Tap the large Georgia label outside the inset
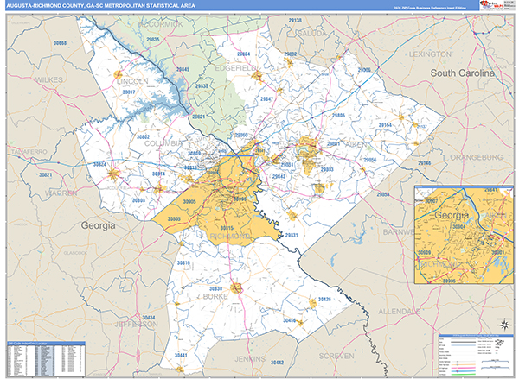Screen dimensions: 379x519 pos(98,225)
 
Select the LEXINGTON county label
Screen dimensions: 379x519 pos(431,54)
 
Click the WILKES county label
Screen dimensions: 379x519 pos(48,79)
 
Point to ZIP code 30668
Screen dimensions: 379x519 pos(60,42)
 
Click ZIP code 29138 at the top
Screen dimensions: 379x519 pos(294,19)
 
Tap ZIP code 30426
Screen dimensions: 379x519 pos(324,299)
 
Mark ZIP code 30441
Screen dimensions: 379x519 pos(181,355)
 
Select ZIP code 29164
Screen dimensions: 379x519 pos(385,126)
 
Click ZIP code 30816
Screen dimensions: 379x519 pos(183,262)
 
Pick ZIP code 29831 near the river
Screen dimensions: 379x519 pos(292,235)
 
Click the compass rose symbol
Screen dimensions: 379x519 pos(501,325)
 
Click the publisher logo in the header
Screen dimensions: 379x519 pos(495,5)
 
